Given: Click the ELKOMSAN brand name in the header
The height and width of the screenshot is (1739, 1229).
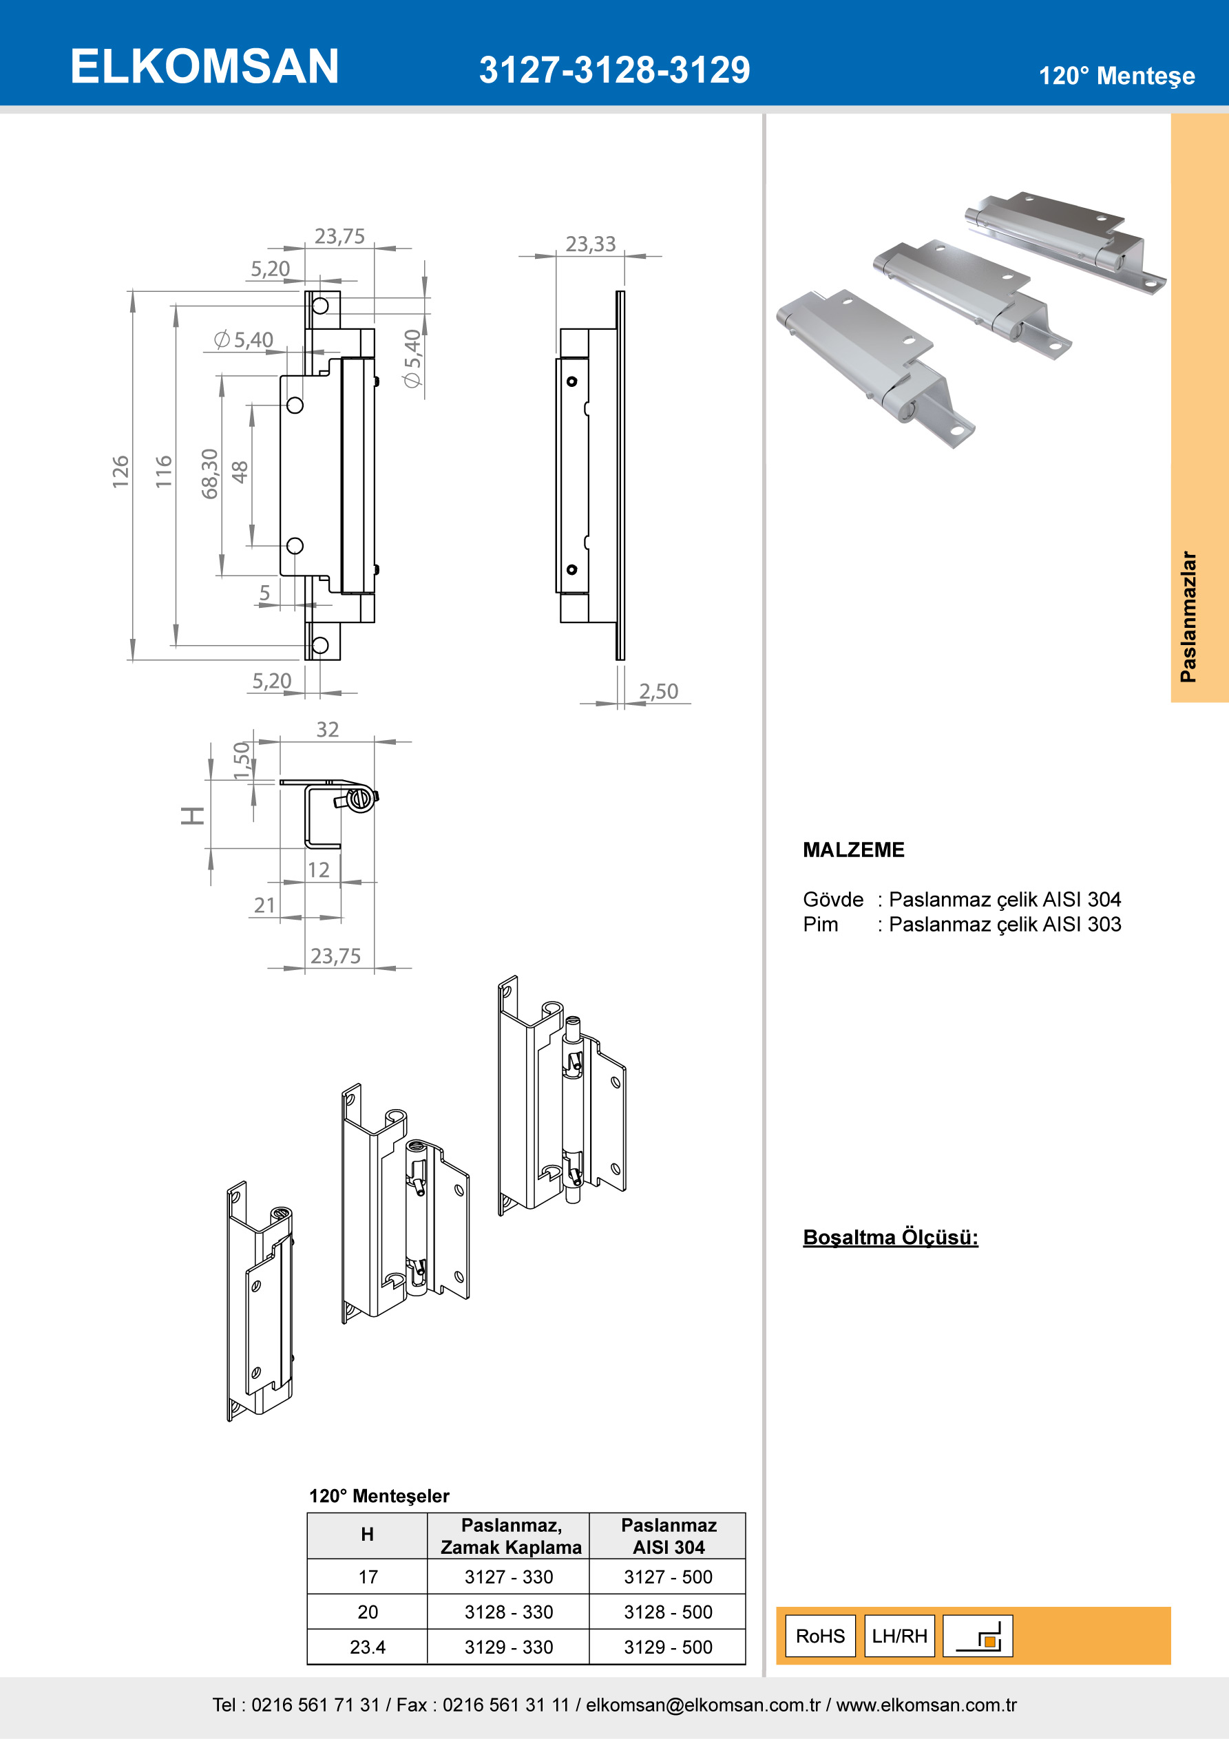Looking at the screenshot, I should pos(204,66).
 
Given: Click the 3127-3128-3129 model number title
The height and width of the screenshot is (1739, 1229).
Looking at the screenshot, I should pos(613,70).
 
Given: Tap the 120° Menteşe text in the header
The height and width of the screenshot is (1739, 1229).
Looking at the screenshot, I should pos(1116,76).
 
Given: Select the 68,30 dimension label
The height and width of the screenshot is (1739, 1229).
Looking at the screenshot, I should pos(210,474).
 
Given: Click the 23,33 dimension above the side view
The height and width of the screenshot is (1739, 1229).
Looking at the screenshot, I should pos(590,244).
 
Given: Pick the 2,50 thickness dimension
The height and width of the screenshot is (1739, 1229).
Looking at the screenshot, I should pos(658,691).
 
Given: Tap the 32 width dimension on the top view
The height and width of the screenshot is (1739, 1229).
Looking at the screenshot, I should pos(327,729).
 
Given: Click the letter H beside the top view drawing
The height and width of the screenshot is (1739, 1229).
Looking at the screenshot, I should pos(193,816).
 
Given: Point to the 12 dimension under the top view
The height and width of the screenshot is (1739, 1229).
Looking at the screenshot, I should pos(318,869).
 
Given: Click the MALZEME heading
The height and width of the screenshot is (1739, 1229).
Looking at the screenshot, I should pos(853,850).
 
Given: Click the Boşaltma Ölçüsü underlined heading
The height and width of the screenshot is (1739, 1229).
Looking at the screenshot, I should pos(890,1238).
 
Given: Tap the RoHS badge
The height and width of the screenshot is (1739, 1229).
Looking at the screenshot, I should pos(820,1636).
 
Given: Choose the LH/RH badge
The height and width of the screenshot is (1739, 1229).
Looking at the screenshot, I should pos(899,1636).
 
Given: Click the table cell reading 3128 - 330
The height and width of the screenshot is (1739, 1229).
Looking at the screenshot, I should pos(508,1612).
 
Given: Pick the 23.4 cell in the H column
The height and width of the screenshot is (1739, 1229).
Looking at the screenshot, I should pos(368,1647).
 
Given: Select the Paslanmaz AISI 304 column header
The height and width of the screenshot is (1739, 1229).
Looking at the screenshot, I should pos(669,1536).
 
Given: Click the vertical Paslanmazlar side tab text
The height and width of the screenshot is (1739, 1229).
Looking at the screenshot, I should pos(1188,617).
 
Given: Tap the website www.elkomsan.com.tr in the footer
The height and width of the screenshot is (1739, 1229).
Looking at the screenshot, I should pos(926,1705).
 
